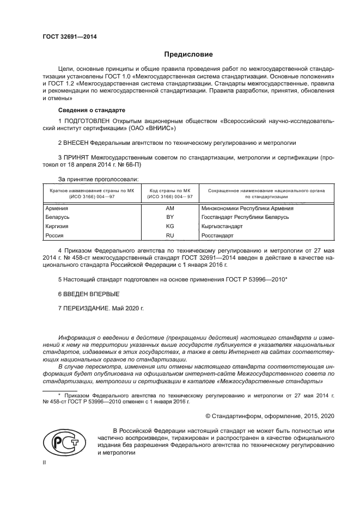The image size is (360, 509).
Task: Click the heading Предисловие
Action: tap(188, 54)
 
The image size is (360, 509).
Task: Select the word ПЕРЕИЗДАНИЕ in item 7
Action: tap(87, 308)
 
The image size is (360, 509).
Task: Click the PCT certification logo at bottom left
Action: tap(60, 441)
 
